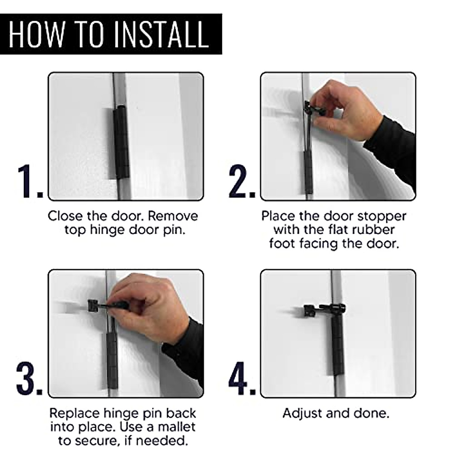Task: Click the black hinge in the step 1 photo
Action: pos(121,142)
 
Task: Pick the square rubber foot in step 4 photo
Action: pos(310,310)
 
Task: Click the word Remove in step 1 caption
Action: pos(173,216)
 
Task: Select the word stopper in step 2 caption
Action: pos(382,217)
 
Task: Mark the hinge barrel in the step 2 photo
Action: pos(308,173)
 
